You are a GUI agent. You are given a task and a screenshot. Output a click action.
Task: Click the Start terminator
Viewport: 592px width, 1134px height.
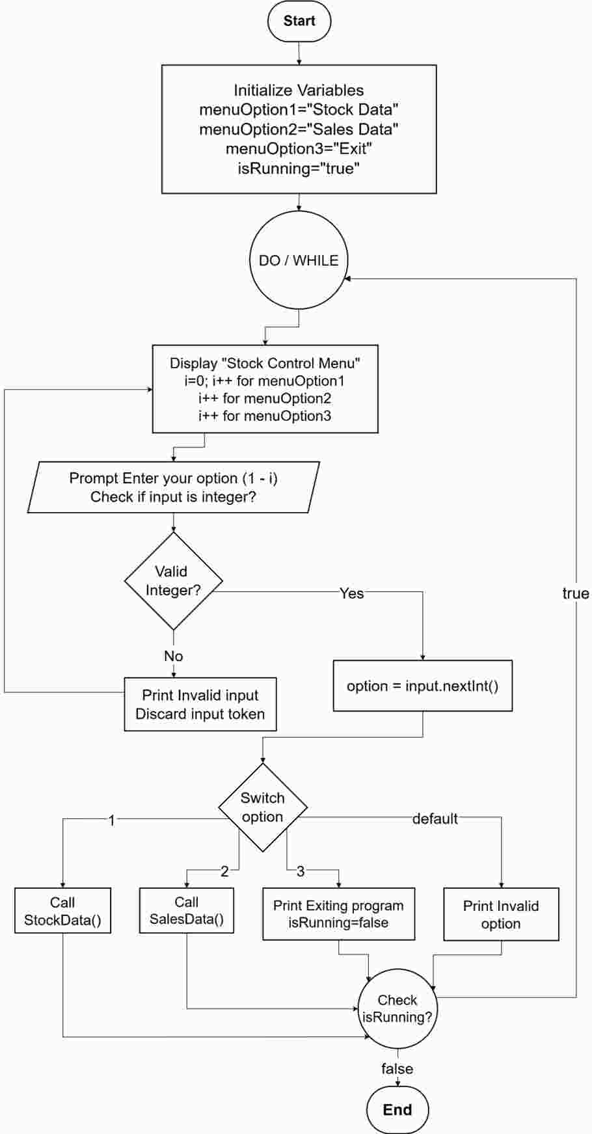(x=299, y=21)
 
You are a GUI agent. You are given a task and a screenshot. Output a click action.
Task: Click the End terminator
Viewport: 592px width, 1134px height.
(x=397, y=1110)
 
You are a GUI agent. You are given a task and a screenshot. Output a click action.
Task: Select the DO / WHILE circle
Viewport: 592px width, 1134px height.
(x=299, y=260)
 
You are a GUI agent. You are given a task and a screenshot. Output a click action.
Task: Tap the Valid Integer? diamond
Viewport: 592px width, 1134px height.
(x=174, y=581)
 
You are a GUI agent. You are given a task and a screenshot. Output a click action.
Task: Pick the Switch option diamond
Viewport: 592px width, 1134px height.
(x=263, y=807)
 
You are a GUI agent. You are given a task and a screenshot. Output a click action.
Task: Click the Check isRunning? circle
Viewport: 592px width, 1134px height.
(x=397, y=1008)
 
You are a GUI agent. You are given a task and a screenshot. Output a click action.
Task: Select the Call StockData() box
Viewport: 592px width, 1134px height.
(x=62, y=911)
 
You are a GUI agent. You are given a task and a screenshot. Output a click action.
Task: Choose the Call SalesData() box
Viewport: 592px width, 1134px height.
(x=187, y=910)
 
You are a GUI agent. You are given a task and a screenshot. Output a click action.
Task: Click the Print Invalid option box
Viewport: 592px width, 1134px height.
(x=501, y=914)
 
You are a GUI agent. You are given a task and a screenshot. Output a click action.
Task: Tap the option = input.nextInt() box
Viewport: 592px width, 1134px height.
(x=423, y=686)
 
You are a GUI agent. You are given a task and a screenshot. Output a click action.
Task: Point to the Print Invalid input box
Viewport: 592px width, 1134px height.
(x=200, y=704)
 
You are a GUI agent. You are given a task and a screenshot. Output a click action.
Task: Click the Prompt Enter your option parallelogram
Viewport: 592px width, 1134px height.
(x=174, y=487)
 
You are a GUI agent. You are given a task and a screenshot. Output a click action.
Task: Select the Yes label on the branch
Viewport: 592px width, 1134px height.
(x=352, y=593)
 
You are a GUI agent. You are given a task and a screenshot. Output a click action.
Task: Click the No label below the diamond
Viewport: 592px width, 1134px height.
(x=173, y=656)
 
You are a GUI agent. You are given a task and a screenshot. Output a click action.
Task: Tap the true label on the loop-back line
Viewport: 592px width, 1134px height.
(x=576, y=593)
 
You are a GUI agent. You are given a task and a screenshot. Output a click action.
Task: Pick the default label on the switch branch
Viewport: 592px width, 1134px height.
(x=435, y=818)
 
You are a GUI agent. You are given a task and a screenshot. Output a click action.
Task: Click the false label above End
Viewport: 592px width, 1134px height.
(x=397, y=1069)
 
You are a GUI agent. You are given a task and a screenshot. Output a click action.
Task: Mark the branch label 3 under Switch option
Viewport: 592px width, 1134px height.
(x=301, y=871)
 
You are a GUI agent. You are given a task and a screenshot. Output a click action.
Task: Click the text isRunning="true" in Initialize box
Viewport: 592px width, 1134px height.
(x=299, y=169)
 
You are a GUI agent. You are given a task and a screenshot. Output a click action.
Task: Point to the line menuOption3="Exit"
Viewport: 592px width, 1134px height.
(x=299, y=149)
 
